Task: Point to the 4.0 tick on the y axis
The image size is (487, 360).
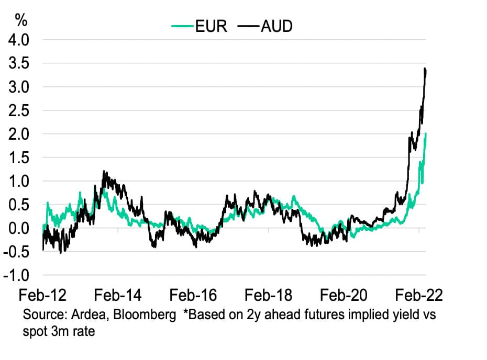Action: [x=18, y=40]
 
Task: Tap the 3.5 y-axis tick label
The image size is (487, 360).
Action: [x=18, y=63]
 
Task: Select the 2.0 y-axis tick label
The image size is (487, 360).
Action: [x=18, y=134]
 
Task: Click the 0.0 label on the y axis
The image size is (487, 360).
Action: [x=18, y=229]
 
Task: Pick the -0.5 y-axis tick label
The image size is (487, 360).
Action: [x=16, y=252]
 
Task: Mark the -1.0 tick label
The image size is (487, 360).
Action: [x=16, y=276]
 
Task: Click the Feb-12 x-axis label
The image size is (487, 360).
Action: [x=43, y=296]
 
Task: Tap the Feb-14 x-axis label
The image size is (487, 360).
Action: [x=118, y=296]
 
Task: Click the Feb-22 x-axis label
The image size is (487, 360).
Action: [x=419, y=296]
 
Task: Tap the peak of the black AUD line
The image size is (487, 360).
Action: [x=425, y=69]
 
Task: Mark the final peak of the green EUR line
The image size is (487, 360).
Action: [x=426, y=133]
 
